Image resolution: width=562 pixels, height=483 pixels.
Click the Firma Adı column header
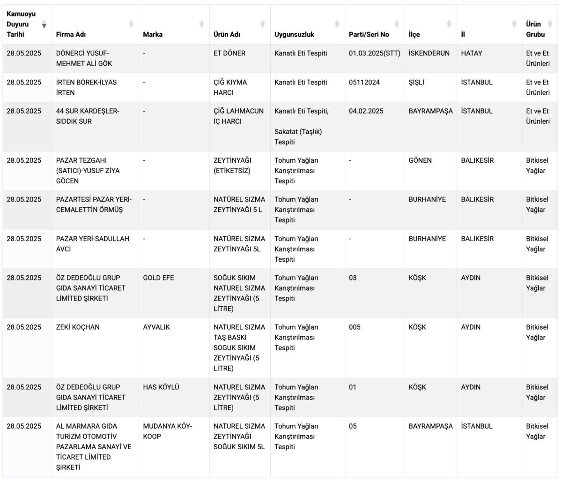click(71, 34)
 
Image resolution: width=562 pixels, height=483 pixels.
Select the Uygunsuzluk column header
click(294, 34)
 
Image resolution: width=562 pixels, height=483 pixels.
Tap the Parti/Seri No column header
click(369, 34)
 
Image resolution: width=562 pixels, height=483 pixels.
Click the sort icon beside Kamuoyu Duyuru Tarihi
click(44, 24)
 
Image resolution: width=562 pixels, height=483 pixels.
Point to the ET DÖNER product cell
click(229, 53)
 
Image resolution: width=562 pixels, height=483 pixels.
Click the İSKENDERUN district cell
click(429, 53)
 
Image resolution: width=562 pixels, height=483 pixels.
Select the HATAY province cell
click(471, 53)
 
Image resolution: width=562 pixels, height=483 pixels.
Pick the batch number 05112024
click(364, 82)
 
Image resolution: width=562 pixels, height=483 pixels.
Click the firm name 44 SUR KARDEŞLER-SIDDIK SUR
click(88, 116)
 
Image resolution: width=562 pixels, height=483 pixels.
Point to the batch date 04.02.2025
click(366, 111)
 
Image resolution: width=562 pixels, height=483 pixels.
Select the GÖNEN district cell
click(420, 160)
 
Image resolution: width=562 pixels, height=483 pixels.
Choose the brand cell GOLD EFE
click(158, 278)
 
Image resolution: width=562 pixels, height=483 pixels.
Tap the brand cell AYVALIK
click(156, 327)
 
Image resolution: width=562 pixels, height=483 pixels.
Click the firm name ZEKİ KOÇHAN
click(78, 327)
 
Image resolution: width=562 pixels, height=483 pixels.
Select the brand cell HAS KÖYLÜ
click(161, 387)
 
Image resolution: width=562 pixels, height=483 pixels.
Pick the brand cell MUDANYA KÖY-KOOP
click(167, 431)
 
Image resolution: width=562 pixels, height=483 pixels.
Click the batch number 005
click(355, 327)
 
